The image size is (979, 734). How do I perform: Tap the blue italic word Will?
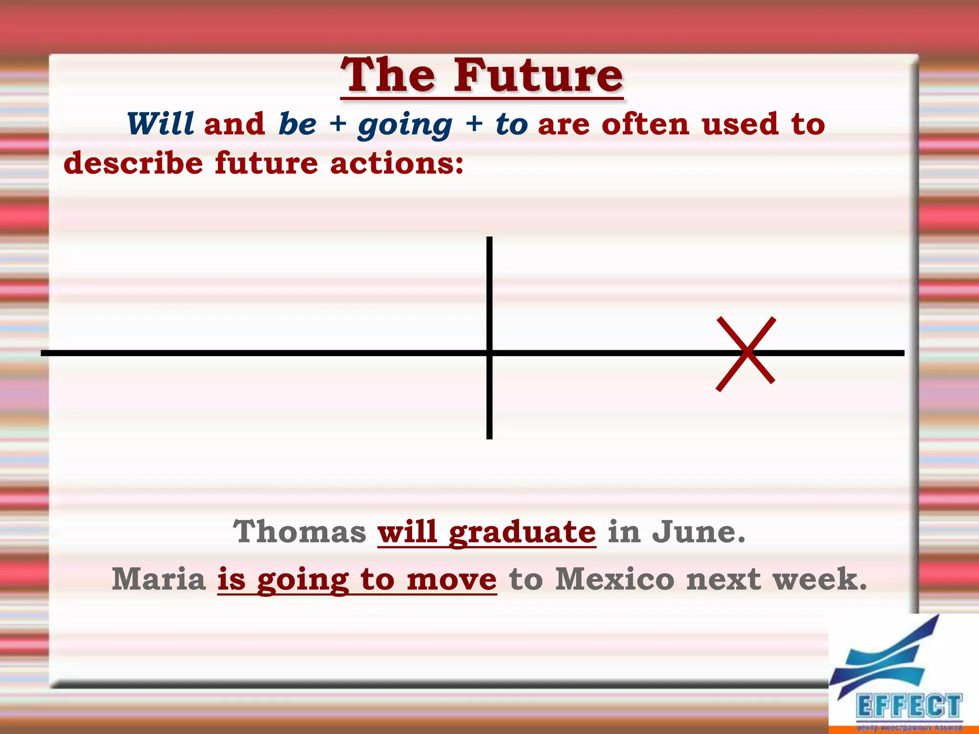coord(160,124)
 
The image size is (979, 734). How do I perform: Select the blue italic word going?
coord(405,125)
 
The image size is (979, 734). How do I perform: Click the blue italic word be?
coord(297,124)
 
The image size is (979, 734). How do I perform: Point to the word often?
coord(645,124)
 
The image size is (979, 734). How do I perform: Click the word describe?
coord(133,163)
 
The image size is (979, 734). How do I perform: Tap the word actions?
coord(396,163)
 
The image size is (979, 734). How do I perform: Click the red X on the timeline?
coord(746,354)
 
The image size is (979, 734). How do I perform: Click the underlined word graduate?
coord(522,532)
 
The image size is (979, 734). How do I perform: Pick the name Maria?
coord(159,579)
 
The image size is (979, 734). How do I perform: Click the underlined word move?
coord(452,579)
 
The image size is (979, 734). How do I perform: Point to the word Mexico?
coord(615,579)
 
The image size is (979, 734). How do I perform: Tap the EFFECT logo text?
coord(909,706)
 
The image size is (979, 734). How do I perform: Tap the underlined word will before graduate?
coord(407,531)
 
